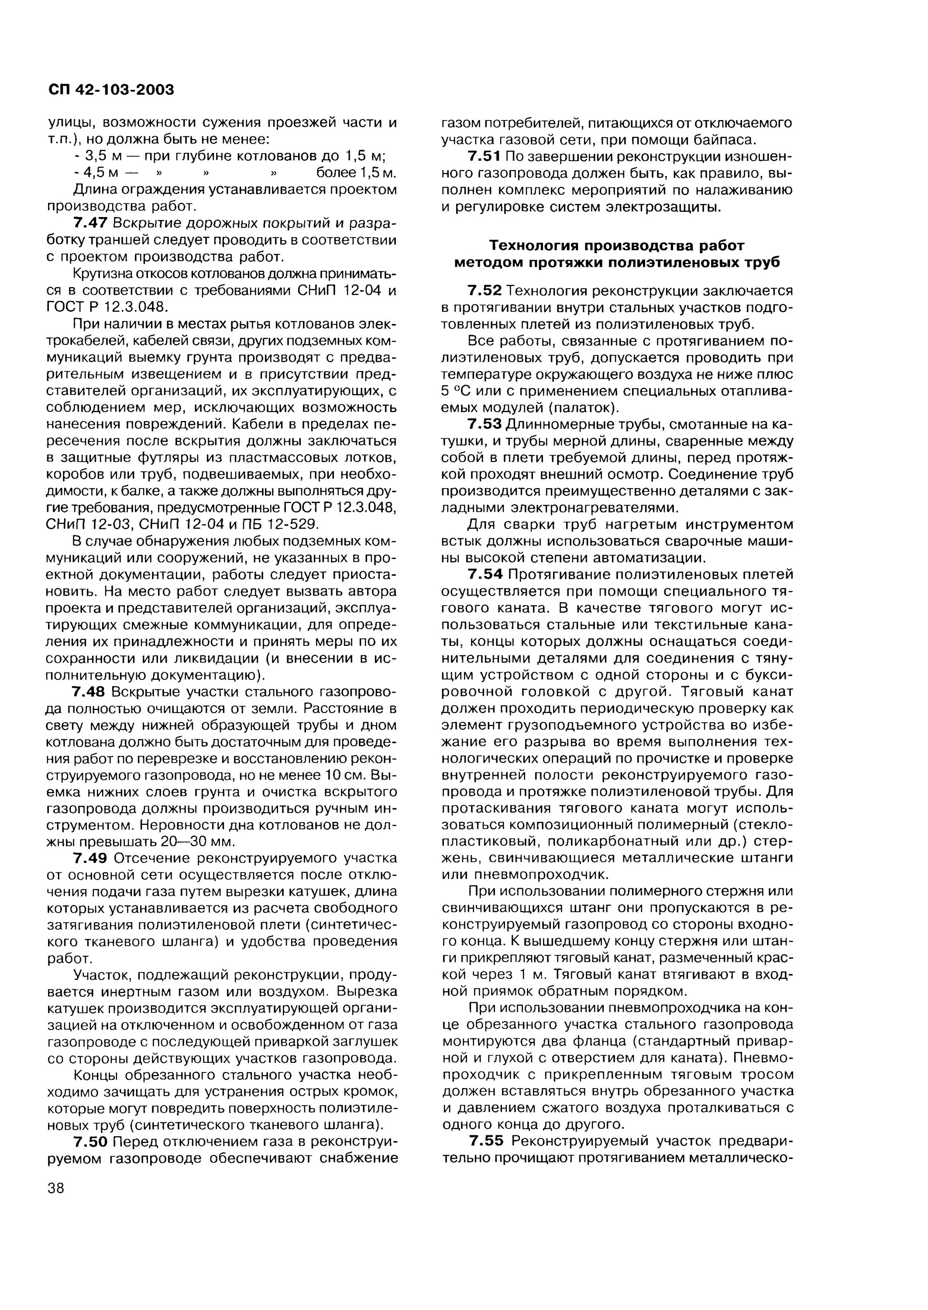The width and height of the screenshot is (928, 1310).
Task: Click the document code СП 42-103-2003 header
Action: (111, 90)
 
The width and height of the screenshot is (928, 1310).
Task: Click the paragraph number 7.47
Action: (90, 223)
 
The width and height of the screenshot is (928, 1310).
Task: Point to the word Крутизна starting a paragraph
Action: (106, 273)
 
